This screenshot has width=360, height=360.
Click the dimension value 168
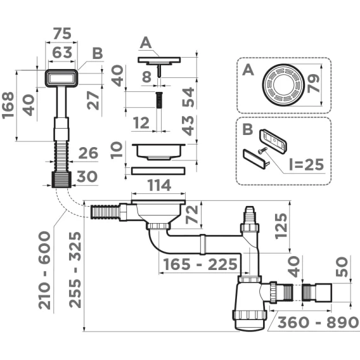8,105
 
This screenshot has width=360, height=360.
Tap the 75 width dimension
62,34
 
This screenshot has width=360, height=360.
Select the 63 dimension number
62,53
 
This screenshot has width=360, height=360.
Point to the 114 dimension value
159,185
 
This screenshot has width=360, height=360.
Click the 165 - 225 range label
200,264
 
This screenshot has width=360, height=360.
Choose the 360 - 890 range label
318,322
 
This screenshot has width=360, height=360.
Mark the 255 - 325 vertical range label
75,269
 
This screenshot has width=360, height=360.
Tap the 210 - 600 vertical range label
44,270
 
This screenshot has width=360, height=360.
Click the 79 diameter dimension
313,84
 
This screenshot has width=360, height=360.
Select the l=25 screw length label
307,164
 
